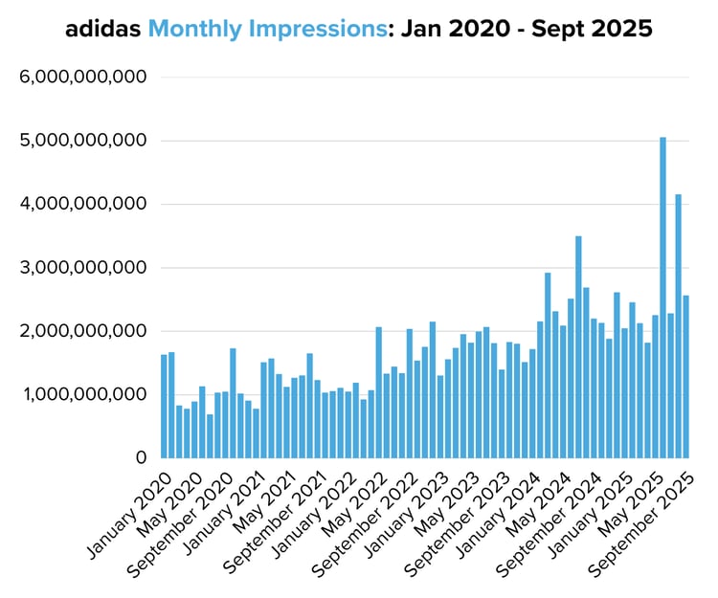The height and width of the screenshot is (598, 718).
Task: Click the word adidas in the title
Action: coord(103,30)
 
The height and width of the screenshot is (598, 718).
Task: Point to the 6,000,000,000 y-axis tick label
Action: coord(81,78)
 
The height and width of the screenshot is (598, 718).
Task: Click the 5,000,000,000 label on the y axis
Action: coord(81,141)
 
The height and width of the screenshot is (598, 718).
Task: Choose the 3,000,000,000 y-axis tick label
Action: coord(81,268)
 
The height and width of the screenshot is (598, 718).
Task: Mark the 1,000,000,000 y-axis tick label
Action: coord(81,394)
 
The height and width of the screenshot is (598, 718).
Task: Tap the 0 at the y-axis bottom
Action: coord(139,458)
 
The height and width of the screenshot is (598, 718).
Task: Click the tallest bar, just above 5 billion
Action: coord(662,297)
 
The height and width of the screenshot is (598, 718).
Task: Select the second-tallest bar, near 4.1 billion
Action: coord(678,325)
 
